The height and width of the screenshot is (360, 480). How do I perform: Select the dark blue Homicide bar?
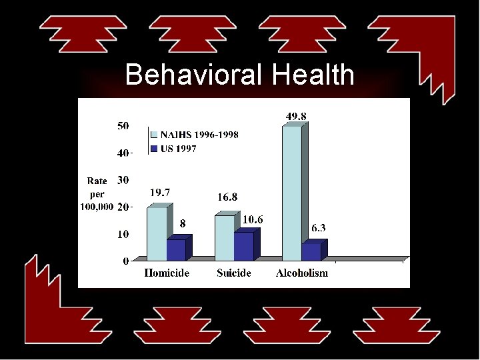coord(176,249)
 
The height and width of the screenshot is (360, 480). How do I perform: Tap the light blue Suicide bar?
coord(225,237)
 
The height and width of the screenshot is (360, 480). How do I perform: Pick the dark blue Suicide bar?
coord(244,246)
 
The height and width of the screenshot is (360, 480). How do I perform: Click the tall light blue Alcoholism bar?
coord(292,193)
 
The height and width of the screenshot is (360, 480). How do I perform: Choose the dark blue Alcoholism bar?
coord(311,251)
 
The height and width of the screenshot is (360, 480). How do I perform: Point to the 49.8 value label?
coord(297,116)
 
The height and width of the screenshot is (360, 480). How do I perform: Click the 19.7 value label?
coord(159,193)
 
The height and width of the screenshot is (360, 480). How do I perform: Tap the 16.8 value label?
coord(227,197)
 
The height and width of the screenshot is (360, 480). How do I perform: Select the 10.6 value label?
coord(253,219)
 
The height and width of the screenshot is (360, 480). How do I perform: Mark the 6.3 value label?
coord(319,228)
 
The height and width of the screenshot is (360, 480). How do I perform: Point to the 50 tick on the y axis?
coord(123,125)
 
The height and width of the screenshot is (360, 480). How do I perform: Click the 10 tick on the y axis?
coord(123,234)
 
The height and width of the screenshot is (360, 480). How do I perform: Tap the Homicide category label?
coord(167,273)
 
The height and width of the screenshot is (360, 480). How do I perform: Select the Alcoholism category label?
coord(302,273)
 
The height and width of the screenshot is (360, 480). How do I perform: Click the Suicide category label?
coord(234,273)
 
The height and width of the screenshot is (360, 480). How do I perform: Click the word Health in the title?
coord(313,75)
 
